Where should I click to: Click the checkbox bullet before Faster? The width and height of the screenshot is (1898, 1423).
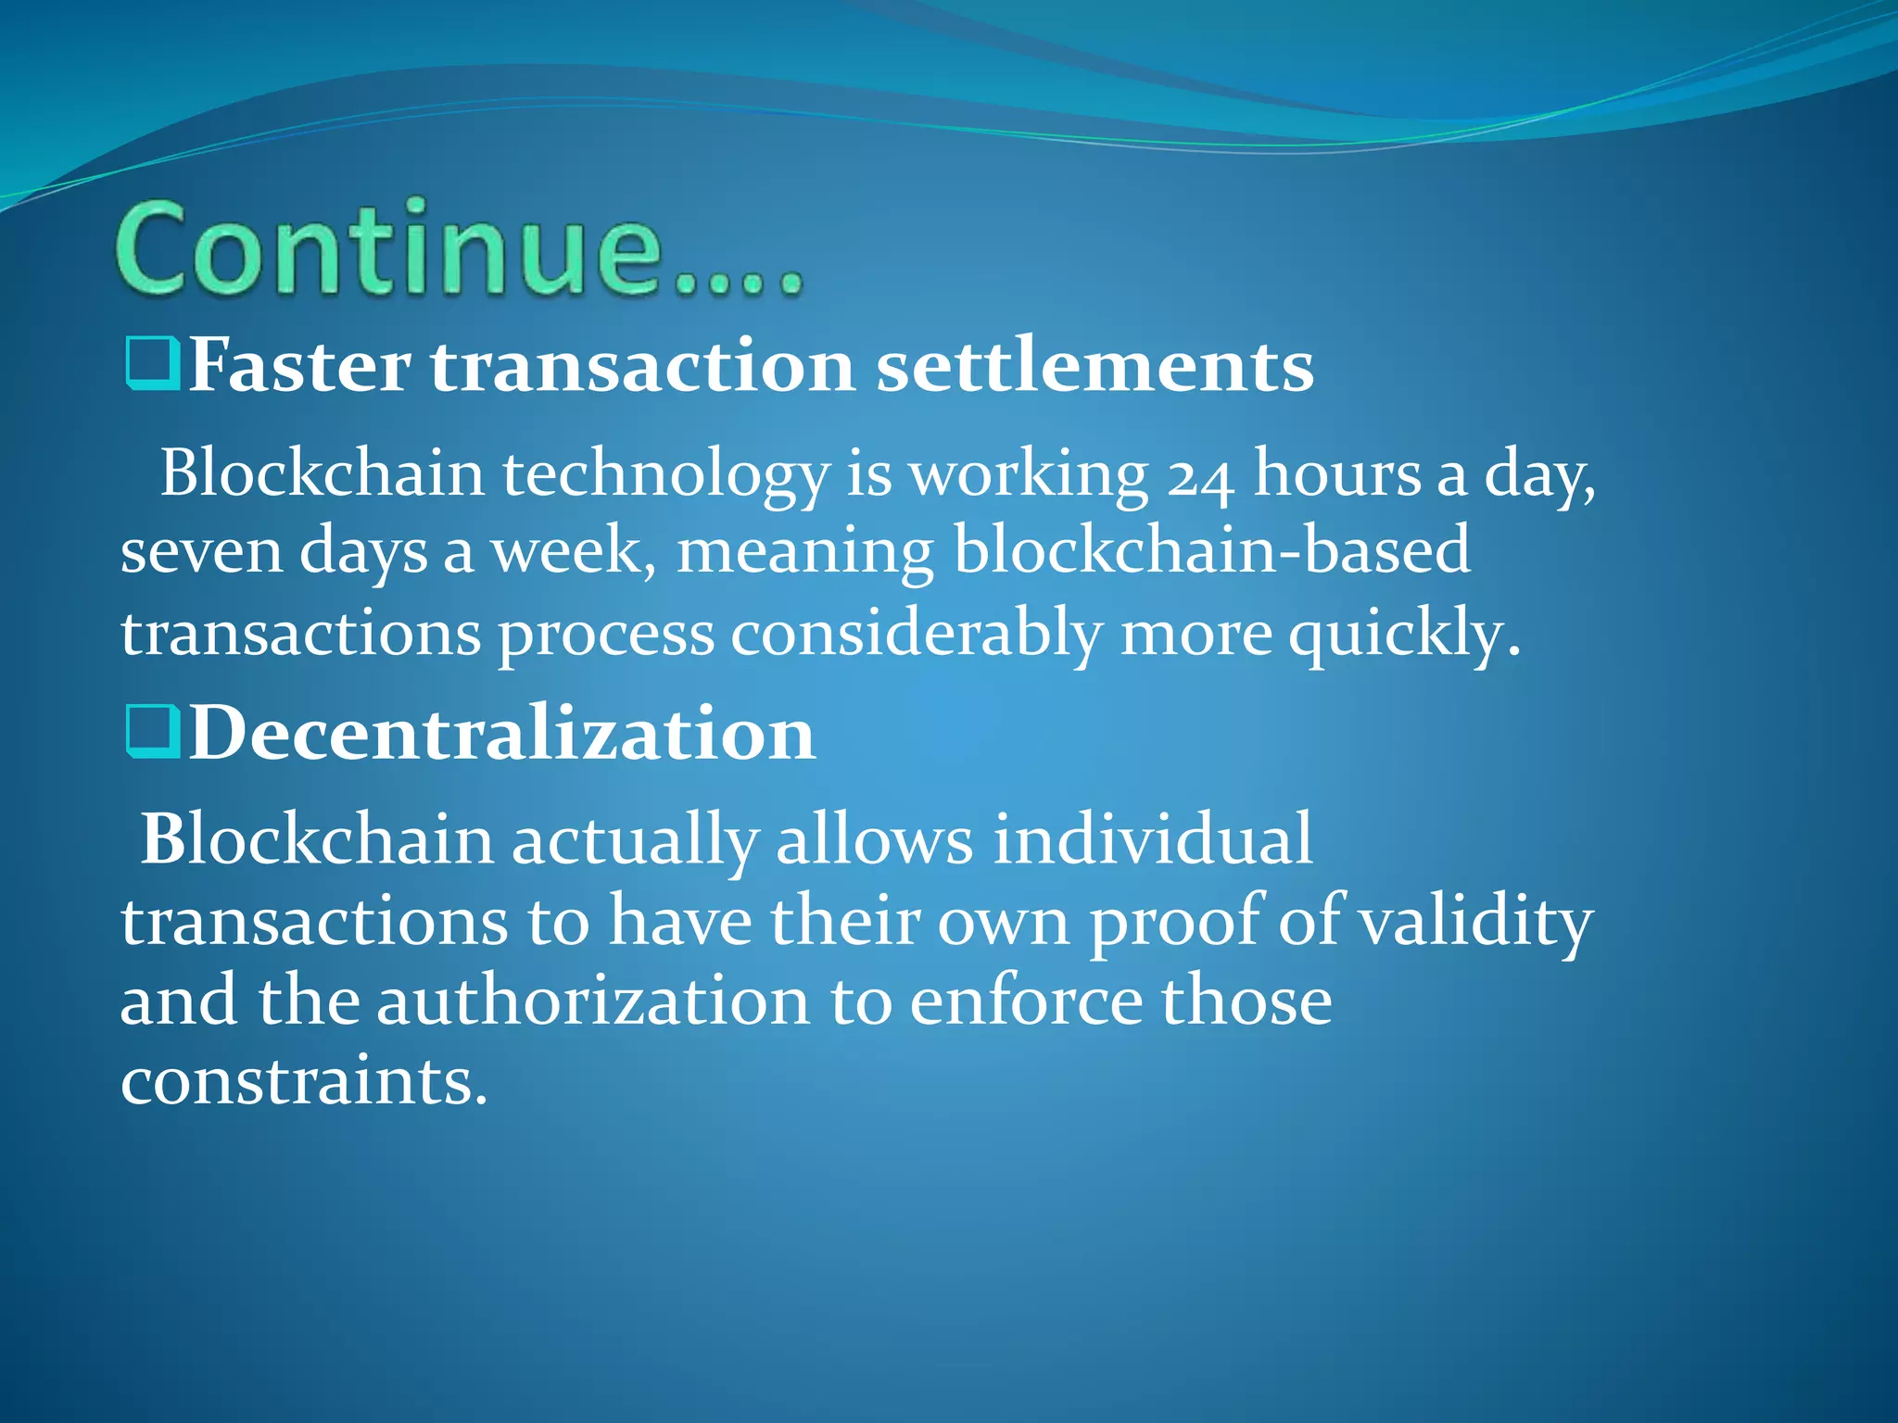pos(151,365)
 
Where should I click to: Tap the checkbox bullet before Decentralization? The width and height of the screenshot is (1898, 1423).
pos(151,732)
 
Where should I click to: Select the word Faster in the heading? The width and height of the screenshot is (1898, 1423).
pos(299,367)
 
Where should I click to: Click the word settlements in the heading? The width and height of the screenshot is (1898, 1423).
pos(1095,367)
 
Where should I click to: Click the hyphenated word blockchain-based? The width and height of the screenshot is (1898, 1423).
pos(1211,551)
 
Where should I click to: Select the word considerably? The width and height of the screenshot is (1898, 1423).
pos(916,636)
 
